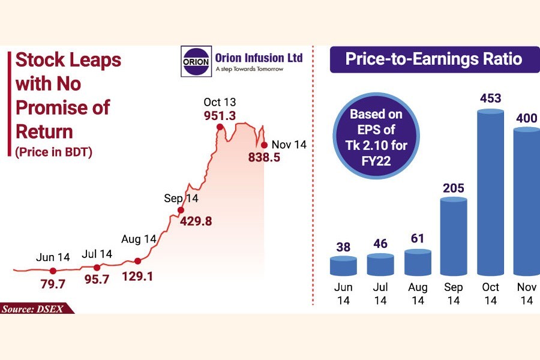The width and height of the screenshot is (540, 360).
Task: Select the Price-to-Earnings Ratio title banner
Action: click(433, 60)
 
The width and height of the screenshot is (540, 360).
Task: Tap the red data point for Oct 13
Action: click(220, 127)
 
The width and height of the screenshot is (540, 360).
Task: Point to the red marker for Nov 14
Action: click(264, 145)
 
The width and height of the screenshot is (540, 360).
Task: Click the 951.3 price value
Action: click(221, 115)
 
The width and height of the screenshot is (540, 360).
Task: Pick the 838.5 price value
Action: click(265, 158)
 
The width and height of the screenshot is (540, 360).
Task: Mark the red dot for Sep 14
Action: click(181, 210)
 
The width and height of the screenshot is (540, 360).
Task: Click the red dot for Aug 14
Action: click(138, 261)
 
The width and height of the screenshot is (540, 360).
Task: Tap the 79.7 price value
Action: click(53, 283)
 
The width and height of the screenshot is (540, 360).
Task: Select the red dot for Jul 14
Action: click(97, 267)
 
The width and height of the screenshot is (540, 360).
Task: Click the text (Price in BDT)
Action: click(53, 152)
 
